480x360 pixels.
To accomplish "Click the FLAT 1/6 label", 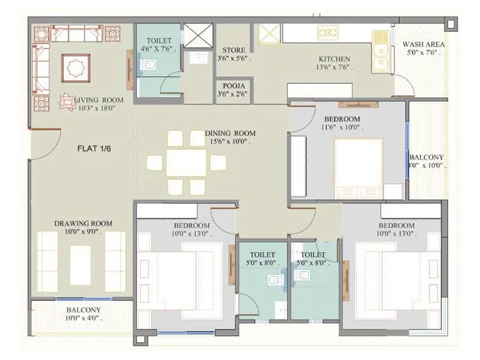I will [94, 148].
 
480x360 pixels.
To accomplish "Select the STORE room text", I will [233, 50].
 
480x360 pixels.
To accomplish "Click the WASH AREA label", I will [423, 44].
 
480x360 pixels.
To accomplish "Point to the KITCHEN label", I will [334, 59].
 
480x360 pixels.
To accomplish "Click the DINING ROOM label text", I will [230, 133].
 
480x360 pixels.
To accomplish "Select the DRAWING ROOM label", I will [83, 223].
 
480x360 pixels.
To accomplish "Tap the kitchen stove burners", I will [328, 33].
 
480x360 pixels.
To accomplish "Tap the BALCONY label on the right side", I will [427, 157].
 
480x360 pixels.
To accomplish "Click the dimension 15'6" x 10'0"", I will [230, 142].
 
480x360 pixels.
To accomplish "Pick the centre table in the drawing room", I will [80, 264].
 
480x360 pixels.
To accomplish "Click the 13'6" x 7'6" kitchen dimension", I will [334, 67].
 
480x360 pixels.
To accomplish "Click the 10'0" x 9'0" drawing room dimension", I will [83, 232].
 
